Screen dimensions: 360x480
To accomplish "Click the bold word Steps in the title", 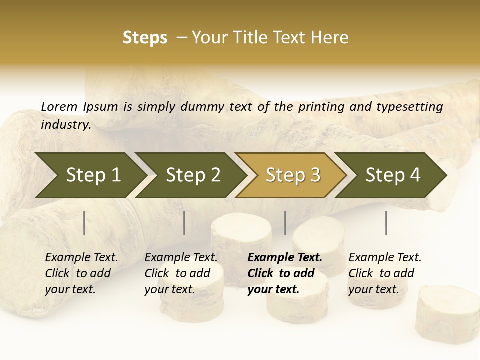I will pos(145,38).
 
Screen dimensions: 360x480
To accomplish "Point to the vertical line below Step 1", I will pos(84,223).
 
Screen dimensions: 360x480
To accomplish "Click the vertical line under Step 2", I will pos(184,223).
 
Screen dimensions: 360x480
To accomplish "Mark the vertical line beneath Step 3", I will pos(285,223).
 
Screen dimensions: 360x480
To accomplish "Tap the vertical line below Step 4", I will pos(386,223).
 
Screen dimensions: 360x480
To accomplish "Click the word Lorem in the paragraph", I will pos(59,106).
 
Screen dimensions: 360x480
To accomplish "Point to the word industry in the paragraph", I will pos(66,125).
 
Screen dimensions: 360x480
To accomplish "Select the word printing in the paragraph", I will pos(322,106).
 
